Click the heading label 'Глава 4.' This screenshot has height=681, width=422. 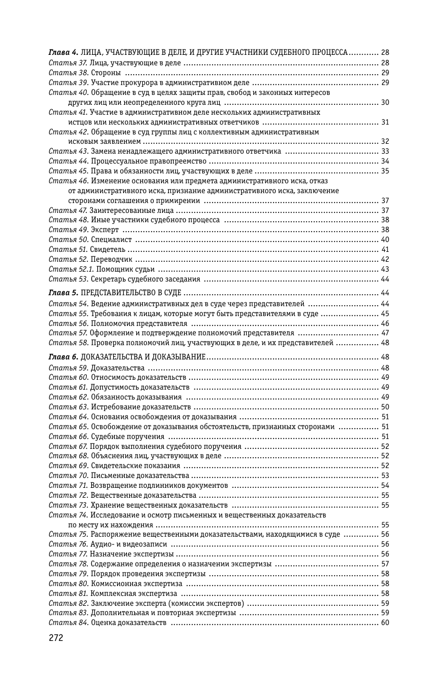(x=63, y=53)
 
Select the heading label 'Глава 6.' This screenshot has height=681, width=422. (x=63, y=357)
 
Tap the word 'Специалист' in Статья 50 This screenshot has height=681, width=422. (x=111, y=239)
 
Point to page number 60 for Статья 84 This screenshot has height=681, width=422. (x=385, y=622)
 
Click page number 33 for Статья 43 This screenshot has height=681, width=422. (x=385, y=151)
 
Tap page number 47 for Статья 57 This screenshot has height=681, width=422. (x=385, y=333)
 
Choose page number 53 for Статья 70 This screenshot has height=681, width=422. (x=385, y=475)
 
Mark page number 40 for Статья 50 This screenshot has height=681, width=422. (x=385, y=239)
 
